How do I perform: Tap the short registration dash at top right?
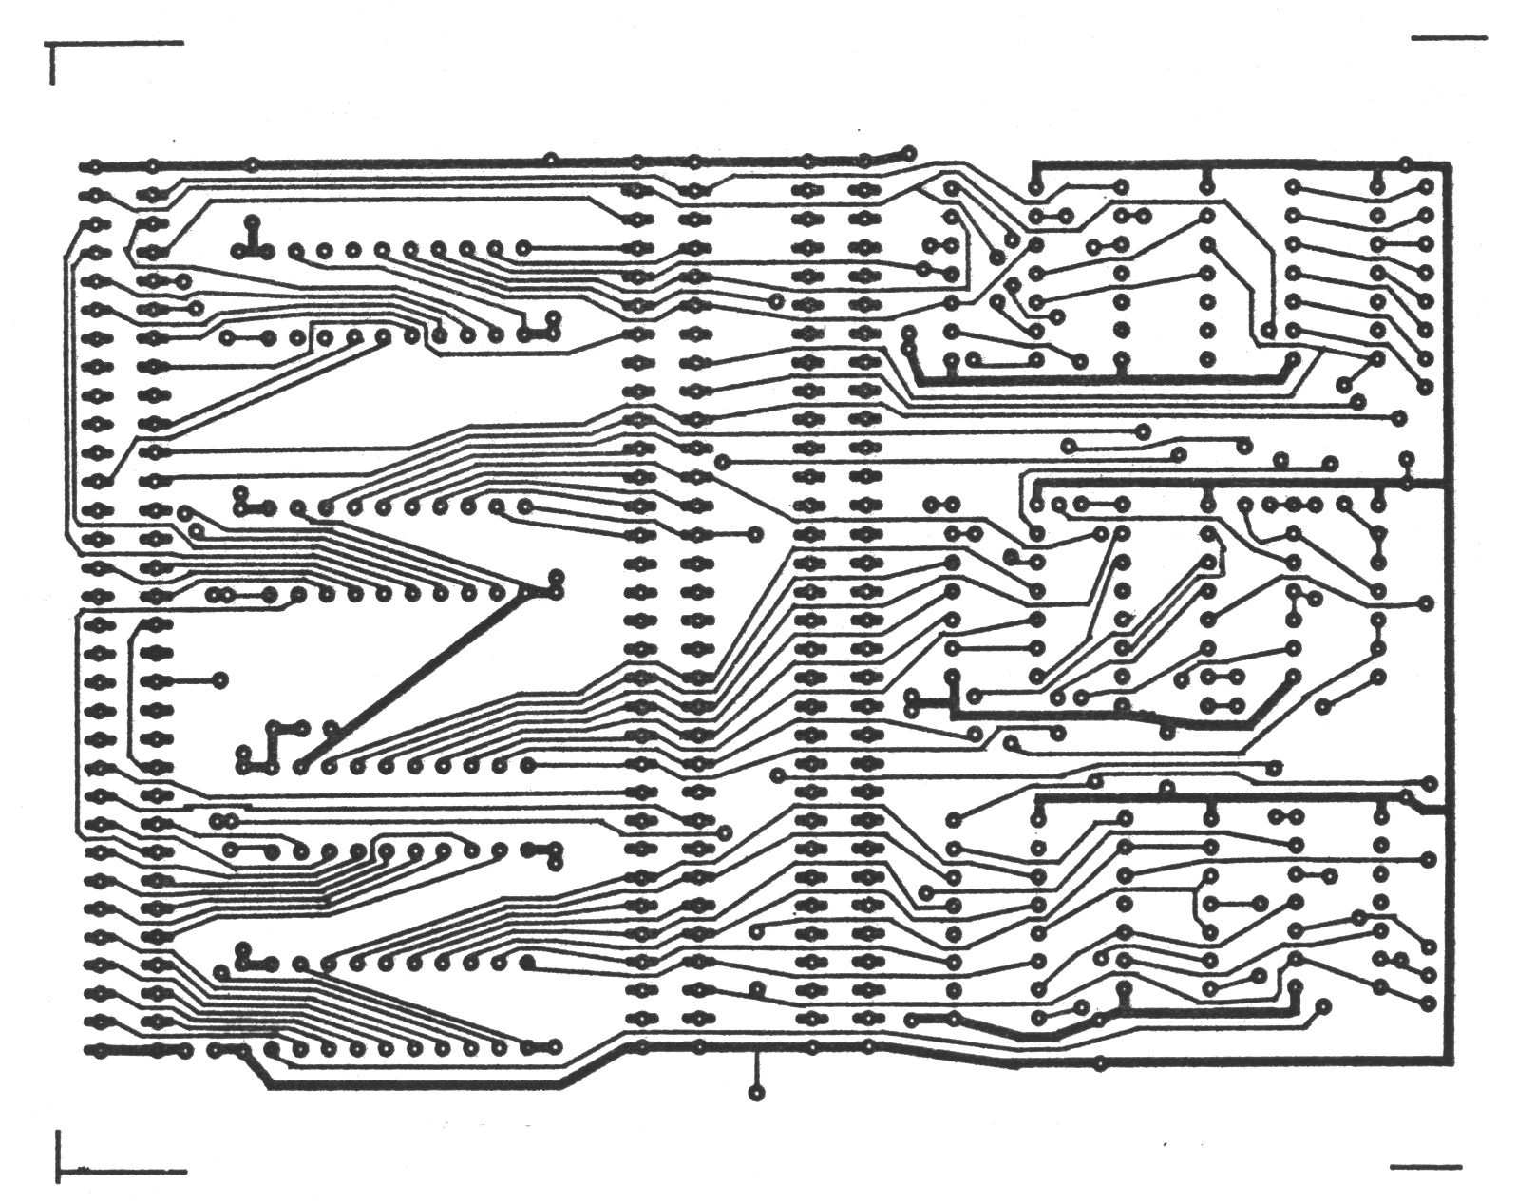pyautogui.click(x=1449, y=39)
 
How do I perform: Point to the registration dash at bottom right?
pyautogui.click(x=1425, y=1165)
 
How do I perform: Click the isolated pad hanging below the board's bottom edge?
pyautogui.click(x=756, y=1094)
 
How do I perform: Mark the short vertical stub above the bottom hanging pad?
pyautogui.click(x=756, y=1069)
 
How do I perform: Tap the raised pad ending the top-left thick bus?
pyautogui.click(x=909, y=152)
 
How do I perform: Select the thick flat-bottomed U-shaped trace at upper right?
pyautogui.click(x=1102, y=379)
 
